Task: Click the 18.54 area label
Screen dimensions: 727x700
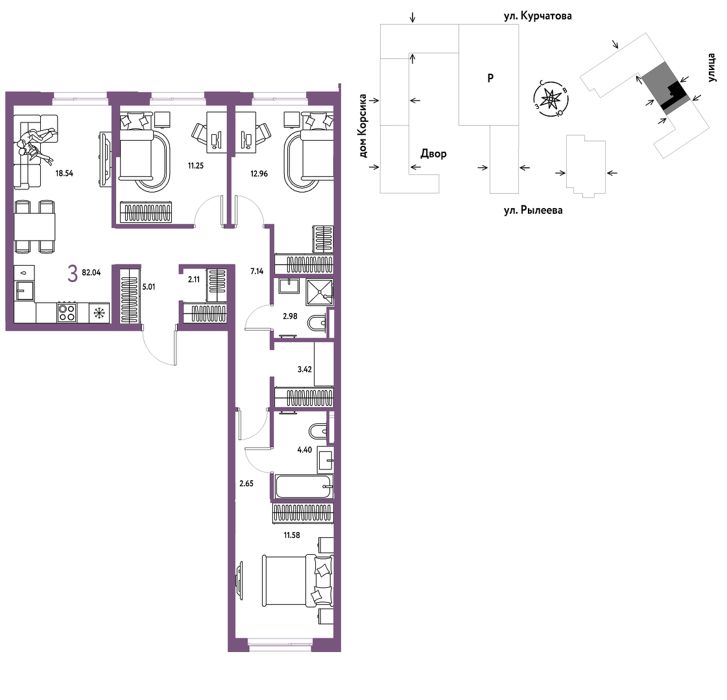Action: click(64, 173)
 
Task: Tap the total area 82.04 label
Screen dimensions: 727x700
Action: click(91, 272)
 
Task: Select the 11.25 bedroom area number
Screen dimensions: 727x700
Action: click(196, 165)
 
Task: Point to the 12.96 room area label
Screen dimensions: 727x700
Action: click(259, 174)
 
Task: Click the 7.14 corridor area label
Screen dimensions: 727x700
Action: click(257, 271)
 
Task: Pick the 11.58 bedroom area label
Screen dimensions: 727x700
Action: click(292, 535)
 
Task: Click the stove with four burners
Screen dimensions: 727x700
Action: click(67, 312)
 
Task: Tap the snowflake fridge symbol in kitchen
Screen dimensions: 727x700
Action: click(99, 313)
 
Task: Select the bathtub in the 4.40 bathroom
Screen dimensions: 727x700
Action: click(304, 486)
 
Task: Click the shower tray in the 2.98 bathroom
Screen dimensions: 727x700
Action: click(320, 292)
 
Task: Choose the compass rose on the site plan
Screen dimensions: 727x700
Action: click(551, 99)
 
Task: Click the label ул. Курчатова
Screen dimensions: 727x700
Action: click(538, 16)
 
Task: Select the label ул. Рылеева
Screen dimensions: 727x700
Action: click(533, 211)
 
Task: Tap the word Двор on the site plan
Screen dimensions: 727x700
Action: click(433, 154)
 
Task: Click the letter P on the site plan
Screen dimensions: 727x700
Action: click(490, 78)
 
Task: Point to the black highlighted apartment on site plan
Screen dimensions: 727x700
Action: click(674, 96)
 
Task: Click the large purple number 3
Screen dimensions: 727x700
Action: click(73, 274)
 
